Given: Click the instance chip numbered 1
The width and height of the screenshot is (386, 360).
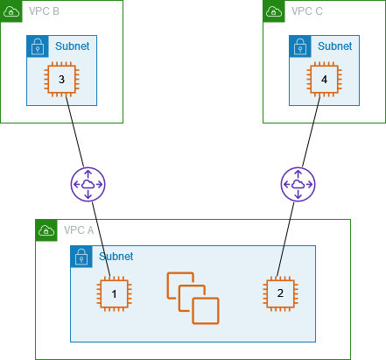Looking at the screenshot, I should (x=114, y=293).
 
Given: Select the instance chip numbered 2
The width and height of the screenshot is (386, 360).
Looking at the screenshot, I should (x=280, y=293).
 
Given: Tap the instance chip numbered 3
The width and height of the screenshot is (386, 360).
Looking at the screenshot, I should (x=61, y=80).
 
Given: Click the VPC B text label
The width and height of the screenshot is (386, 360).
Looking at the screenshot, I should (x=44, y=11).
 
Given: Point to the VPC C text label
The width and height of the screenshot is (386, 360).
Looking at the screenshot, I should (x=307, y=11).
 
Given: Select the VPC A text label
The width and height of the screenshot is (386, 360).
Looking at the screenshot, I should (x=79, y=230).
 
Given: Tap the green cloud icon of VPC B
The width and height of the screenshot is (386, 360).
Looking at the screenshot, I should (x=11, y=11).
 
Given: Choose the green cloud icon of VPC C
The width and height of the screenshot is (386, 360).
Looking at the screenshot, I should (x=274, y=11).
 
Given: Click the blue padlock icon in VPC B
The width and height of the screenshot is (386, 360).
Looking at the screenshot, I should (x=38, y=46).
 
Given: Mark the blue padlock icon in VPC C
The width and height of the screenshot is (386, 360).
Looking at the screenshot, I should (x=300, y=46).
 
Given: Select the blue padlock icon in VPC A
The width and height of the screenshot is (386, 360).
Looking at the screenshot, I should (x=81, y=257).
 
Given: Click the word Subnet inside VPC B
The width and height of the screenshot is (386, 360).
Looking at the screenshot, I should (x=71, y=46).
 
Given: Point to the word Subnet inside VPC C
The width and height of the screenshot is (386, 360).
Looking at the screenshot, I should (x=334, y=46).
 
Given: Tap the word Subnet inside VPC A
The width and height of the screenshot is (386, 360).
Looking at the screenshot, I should (x=116, y=257).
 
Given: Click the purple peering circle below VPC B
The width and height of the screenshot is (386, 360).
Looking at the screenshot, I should (x=88, y=184).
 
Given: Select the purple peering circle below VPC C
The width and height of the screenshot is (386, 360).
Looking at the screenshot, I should (x=298, y=184).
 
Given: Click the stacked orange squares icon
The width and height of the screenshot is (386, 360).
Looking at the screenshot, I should (x=193, y=298).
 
